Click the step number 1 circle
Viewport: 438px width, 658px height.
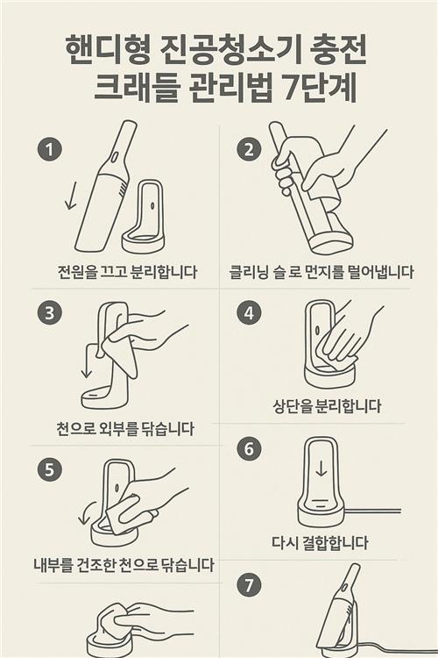[x=50, y=150]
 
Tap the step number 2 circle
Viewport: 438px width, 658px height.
[x=250, y=150]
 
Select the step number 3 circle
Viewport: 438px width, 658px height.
[x=50, y=312]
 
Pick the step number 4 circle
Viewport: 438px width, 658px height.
[x=250, y=312]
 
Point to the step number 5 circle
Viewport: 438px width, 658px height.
[x=50, y=469]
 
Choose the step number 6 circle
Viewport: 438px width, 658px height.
[x=250, y=448]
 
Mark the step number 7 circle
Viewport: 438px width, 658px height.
[x=250, y=584]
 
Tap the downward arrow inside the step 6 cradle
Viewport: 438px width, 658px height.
[x=321, y=468]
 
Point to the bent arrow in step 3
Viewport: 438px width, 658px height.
[x=90, y=354]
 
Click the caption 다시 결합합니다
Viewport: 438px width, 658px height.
[x=320, y=542]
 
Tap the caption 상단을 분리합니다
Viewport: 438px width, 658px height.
[x=328, y=406]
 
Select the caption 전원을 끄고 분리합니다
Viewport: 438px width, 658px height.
[x=127, y=272]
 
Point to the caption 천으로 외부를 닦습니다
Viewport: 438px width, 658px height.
[x=126, y=428]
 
